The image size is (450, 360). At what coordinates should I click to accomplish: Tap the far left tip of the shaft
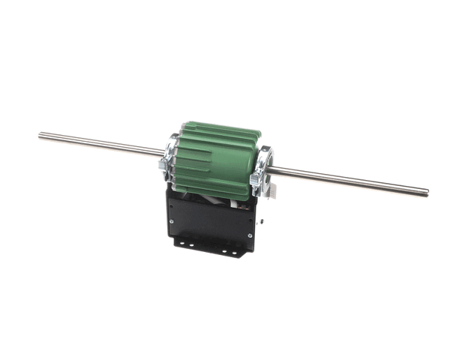(x=40, y=135)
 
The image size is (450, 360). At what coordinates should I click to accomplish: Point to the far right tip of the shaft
(x=428, y=192)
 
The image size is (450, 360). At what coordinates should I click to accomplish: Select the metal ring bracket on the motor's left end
(x=169, y=159)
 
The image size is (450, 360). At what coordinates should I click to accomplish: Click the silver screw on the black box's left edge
(x=172, y=221)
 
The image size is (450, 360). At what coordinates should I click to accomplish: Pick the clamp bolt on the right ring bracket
(x=258, y=180)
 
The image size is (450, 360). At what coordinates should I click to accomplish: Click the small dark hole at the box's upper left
(x=175, y=196)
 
